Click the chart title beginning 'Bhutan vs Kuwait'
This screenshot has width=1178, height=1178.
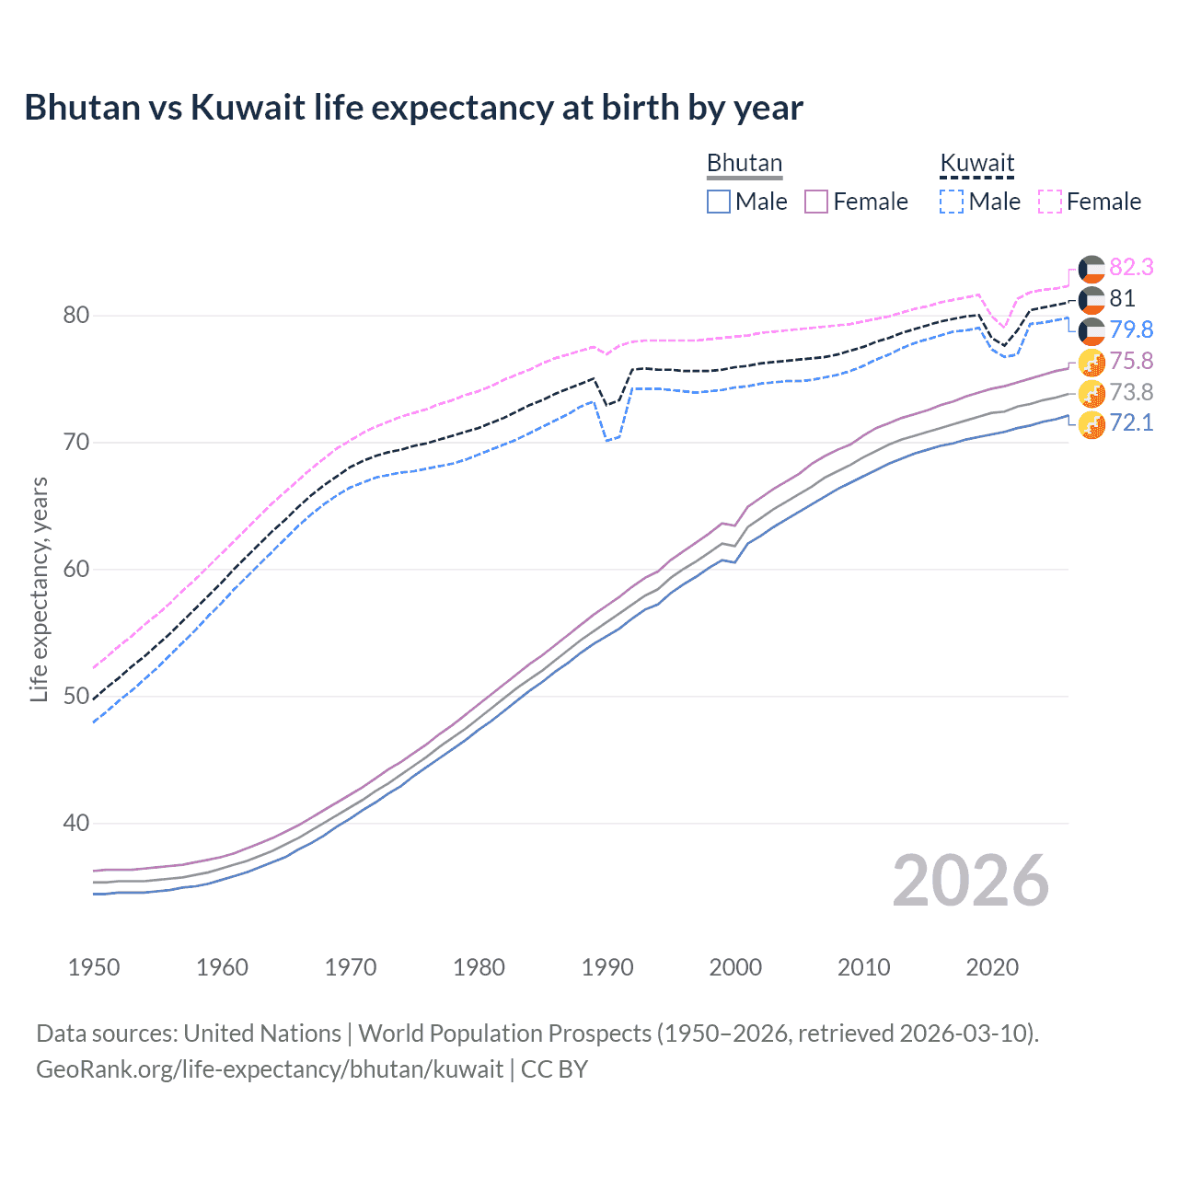click(x=413, y=108)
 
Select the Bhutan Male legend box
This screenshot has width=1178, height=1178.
click(x=719, y=202)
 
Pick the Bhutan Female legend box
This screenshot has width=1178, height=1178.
click(x=816, y=202)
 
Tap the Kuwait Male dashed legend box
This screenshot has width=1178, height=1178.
click(x=952, y=202)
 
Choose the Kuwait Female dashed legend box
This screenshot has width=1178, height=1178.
click(x=1050, y=202)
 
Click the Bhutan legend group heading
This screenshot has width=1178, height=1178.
click(x=744, y=163)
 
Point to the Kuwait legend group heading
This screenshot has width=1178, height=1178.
click(x=976, y=163)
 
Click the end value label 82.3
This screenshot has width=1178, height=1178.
click(x=1131, y=267)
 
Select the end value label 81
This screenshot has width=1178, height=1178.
click(x=1122, y=298)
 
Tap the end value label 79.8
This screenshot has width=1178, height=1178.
click(x=1131, y=329)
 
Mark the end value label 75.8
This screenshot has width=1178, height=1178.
click(x=1131, y=361)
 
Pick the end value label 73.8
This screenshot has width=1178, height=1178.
click(x=1131, y=392)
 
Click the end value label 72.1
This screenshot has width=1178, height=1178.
click(x=1131, y=423)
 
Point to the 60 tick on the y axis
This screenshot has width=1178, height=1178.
click(x=75, y=569)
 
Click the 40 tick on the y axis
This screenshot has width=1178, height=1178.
click(x=75, y=823)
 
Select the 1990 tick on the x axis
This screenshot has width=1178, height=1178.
click(x=607, y=967)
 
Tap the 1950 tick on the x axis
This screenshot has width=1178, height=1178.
click(x=94, y=967)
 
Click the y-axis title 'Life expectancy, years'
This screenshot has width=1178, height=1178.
click(x=40, y=589)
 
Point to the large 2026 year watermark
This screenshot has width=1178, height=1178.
click(x=970, y=881)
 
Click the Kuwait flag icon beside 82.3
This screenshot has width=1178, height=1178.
click(x=1091, y=268)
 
